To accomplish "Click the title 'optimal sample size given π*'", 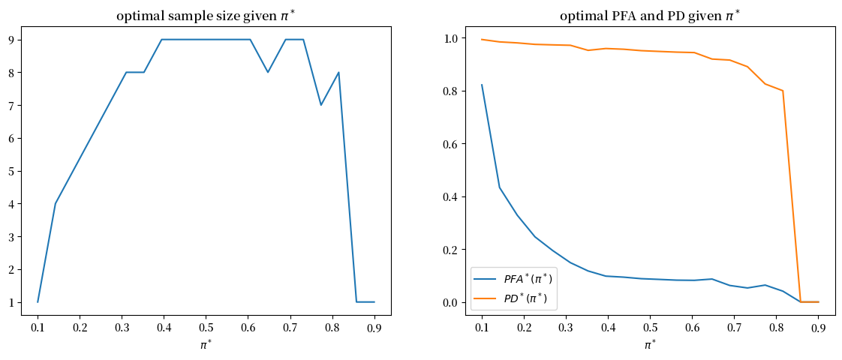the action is tap(206, 16).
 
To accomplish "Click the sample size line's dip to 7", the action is tap(321, 105).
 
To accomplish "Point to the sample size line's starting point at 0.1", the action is tap(38, 302).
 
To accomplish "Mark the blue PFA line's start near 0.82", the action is tap(483, 85).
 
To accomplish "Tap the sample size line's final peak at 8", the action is tap(339, 73).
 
